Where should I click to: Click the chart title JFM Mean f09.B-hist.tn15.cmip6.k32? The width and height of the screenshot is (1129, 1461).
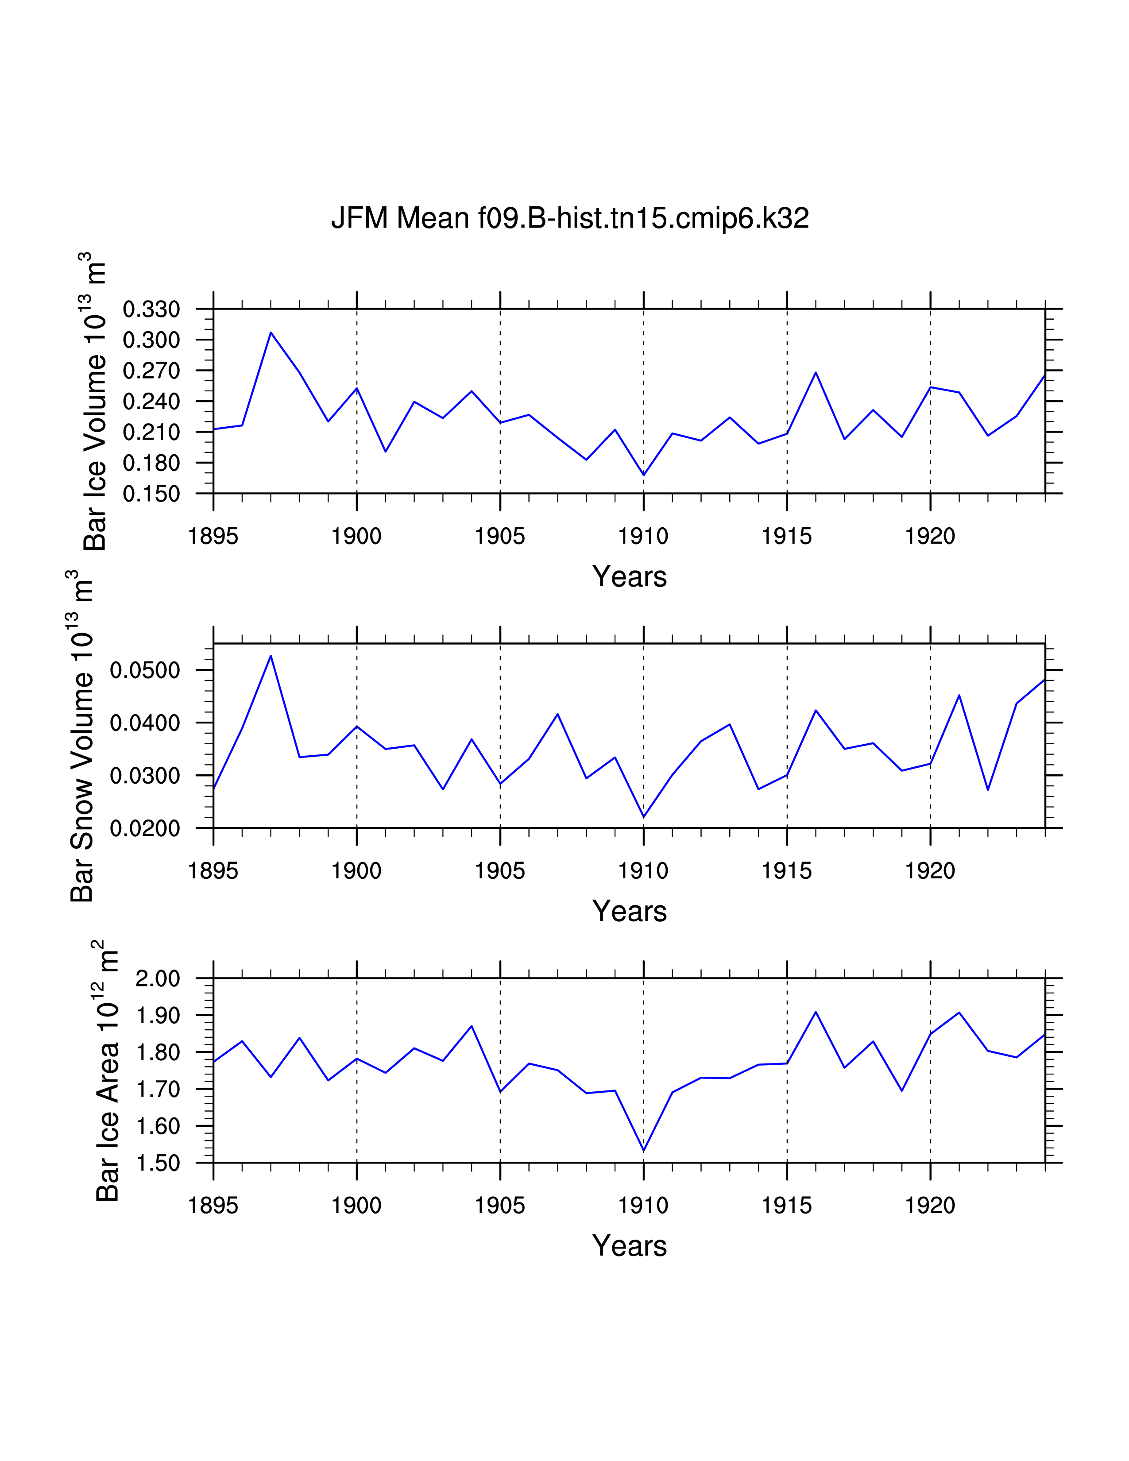click(570, 218)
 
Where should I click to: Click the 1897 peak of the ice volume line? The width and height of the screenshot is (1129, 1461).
click(271, 332)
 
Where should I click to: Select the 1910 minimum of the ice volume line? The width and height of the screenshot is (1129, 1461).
click(643, 475)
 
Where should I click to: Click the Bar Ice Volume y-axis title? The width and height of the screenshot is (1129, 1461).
click(95, 402)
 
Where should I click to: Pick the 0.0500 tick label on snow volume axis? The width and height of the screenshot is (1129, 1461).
click(145, 670)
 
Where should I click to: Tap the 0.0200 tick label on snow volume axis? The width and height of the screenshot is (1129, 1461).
click(145, 828)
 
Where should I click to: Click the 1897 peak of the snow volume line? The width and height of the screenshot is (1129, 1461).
click(271, 656)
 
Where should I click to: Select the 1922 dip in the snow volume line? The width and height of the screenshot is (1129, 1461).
click(988, 790)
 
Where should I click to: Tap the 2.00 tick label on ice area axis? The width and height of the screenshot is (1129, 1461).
click(158, 979)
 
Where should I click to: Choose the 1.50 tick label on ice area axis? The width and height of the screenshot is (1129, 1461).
click(158, 1163)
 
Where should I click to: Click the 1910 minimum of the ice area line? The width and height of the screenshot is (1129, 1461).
click(643, 1151)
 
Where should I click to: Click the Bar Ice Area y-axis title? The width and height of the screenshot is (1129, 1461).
click(107, 1071)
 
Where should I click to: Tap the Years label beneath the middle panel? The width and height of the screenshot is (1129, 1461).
click(630, 911)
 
